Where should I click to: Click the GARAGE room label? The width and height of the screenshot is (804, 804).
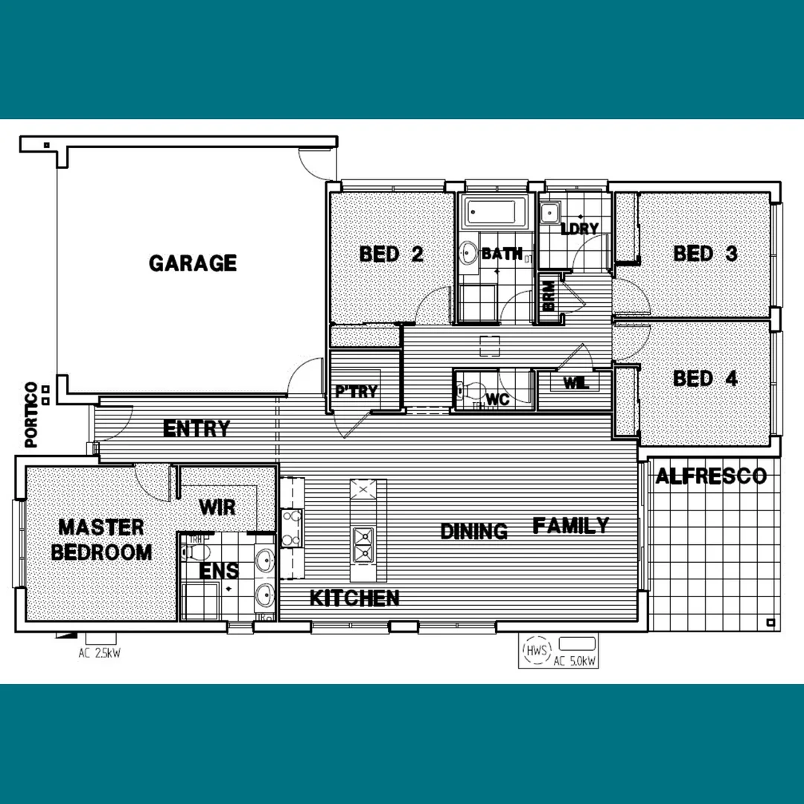193,264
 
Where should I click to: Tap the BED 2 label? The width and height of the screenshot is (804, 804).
391,255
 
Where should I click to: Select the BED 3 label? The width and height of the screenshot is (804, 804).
705,254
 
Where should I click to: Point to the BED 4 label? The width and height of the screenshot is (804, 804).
705,379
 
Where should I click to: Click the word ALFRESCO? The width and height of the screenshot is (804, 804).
711,476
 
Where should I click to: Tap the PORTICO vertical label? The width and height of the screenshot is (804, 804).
31,415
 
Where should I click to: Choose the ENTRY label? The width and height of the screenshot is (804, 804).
197,430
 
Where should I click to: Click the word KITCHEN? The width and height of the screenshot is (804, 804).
354,598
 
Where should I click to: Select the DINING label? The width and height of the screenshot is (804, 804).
474,532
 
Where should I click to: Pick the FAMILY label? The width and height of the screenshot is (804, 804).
571,526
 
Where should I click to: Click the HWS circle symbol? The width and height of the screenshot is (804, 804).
536,651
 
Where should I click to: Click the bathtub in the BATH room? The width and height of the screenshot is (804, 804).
495,214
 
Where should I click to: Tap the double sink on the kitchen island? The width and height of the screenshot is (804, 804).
364,544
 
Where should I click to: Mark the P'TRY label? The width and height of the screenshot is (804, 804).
357,392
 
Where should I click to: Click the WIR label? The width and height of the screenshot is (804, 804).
217,508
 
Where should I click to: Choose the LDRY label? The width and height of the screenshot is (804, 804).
580,229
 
